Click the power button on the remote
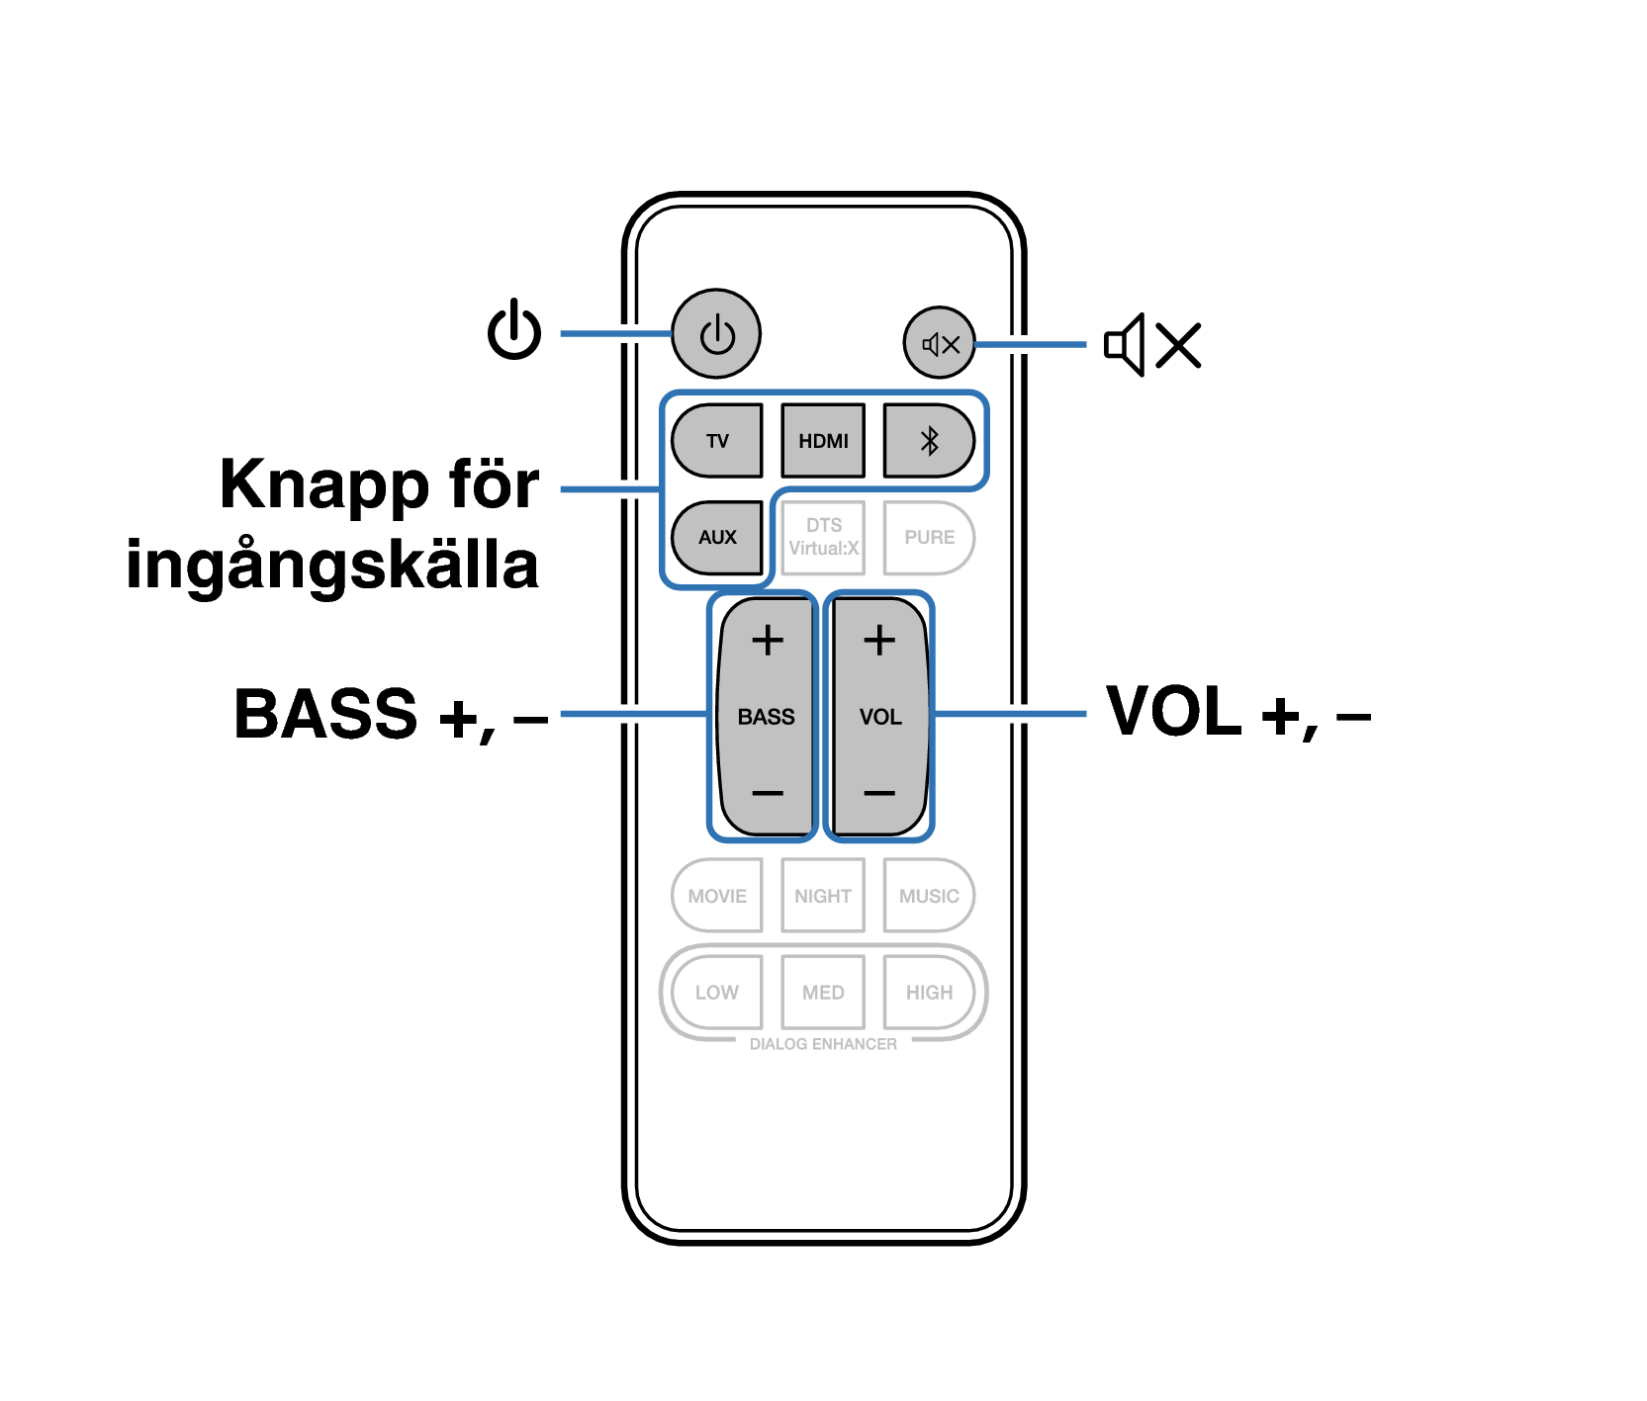[716, 333]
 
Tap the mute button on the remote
[940, 343]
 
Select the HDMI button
[823, 440]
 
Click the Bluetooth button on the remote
[929, 440]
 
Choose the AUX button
[717, 537]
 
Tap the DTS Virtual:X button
[823, 537]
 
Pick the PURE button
[929, 537]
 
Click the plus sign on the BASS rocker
[768, 641]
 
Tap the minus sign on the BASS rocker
[768, 793]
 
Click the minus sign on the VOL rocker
[879, 793]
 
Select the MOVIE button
[717, 896]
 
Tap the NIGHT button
[823, 896]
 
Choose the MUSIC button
[929, 896]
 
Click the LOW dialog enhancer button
[717, 992]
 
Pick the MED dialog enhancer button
[823, 992]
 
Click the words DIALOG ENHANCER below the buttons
[823, 1044]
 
